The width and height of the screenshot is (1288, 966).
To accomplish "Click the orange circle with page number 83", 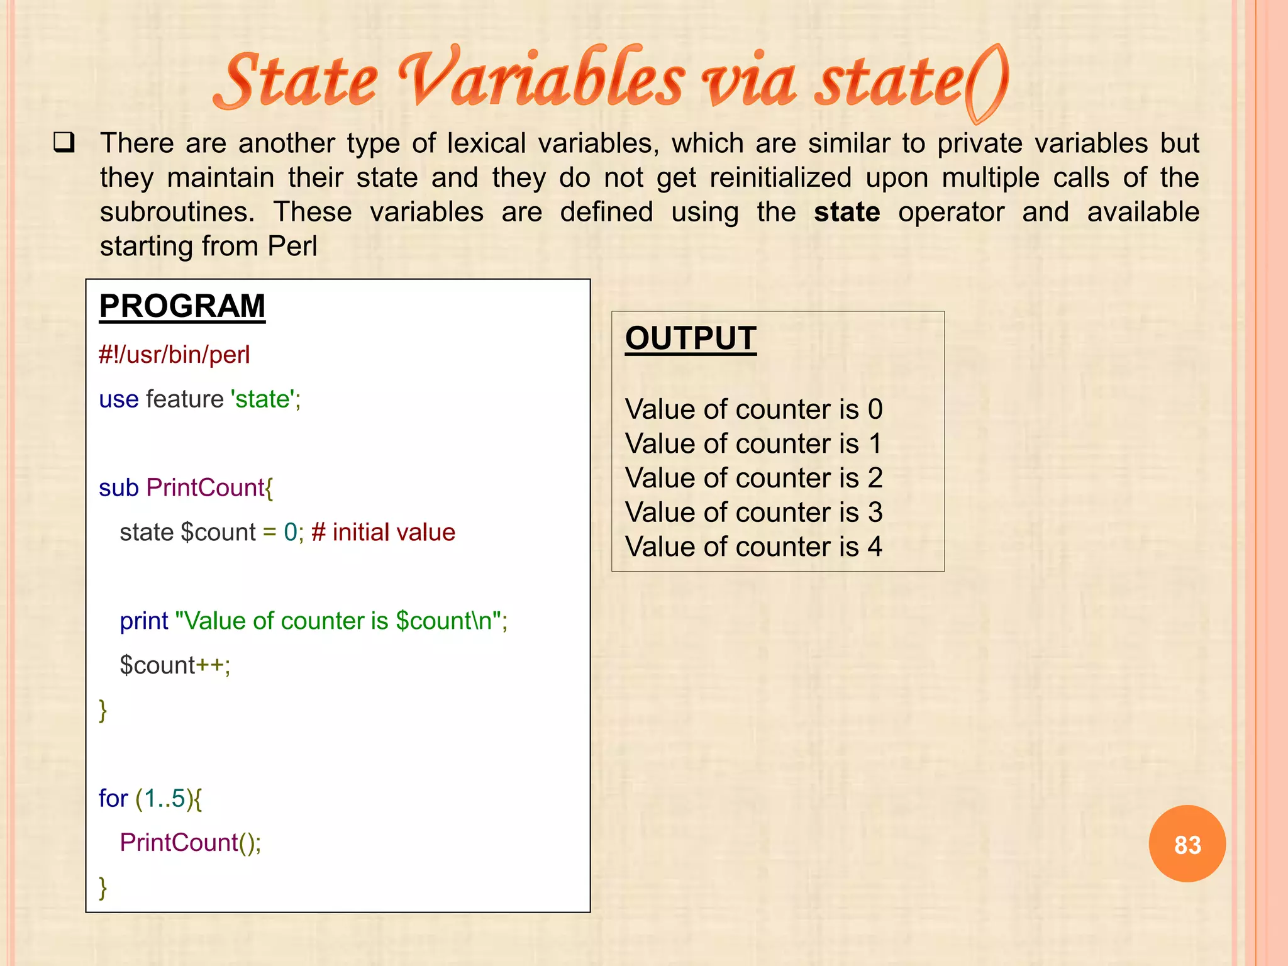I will point(1187,844).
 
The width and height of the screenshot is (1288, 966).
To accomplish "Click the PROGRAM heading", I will point(182,307).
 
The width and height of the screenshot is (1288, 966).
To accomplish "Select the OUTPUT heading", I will point(690,338).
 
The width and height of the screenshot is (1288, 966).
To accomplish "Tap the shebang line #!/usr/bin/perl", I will point(174,355).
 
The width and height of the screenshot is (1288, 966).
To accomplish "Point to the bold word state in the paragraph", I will point(847,212).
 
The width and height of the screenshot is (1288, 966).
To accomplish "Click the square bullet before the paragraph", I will point(64,143).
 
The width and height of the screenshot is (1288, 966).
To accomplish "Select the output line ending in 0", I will point(753,409).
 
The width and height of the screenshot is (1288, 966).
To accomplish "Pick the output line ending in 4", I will point(753,547).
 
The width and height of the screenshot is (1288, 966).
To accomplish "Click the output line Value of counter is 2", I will point(753,478).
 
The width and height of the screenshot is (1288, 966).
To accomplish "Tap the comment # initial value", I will point(383,533).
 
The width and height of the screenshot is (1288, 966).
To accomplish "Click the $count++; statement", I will point(175,665).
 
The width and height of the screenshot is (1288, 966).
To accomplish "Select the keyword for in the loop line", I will point(113,799).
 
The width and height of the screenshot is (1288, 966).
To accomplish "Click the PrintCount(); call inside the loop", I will point(190,843).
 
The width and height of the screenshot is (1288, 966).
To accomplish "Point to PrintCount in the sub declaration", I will point(206,488).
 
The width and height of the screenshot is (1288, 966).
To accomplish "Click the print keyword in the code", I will point(144,621).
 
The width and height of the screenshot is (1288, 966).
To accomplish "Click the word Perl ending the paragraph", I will point(292,246).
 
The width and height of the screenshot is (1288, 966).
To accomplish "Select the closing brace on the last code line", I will point(103,887).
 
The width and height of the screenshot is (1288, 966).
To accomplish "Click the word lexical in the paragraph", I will point(486,143).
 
